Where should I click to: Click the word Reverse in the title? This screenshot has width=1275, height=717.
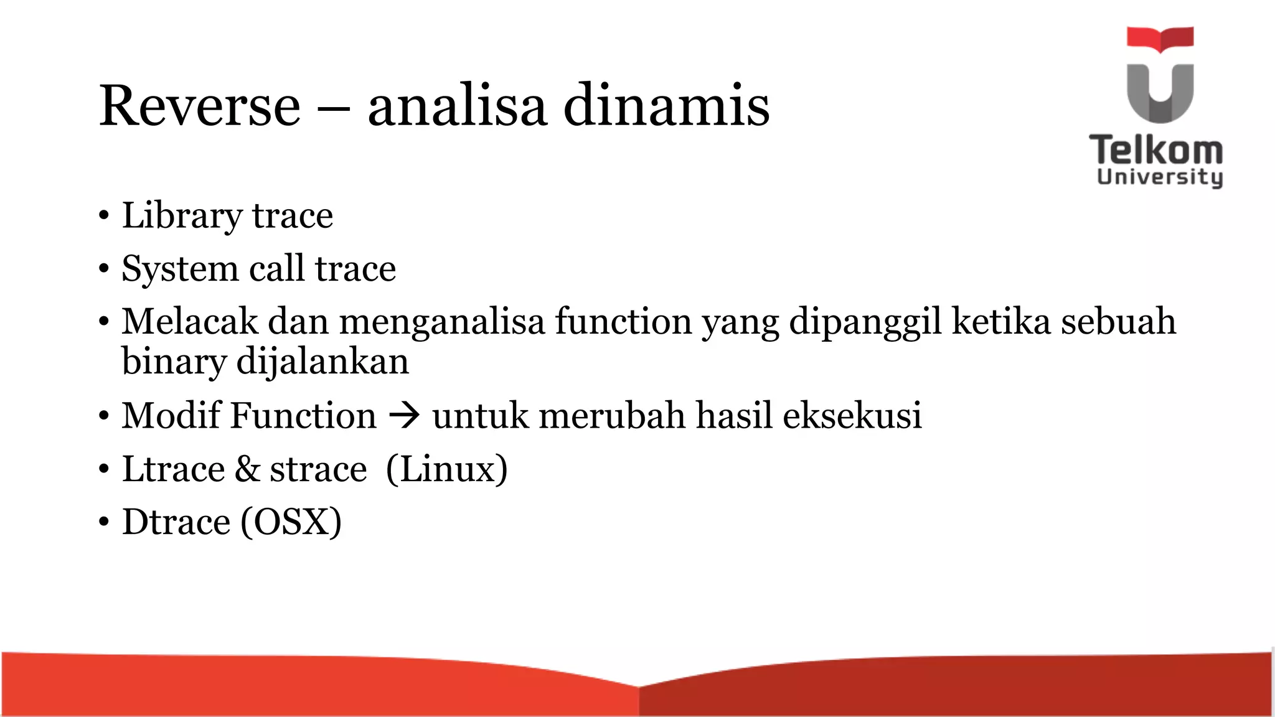199,106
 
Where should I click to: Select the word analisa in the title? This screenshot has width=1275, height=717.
457,106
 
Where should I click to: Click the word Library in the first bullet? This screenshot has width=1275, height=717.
181,216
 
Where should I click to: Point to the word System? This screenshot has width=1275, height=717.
180,269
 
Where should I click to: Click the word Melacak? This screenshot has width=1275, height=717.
189,322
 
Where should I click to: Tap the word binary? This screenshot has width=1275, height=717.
174,362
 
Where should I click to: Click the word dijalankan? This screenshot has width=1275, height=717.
322,362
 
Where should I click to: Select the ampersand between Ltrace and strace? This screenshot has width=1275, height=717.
247,469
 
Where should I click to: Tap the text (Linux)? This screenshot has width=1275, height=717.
446,469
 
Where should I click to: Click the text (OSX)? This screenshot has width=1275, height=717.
291,522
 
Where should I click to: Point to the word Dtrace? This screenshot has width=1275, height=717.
176,522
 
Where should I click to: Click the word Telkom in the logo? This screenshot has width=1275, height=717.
1156,151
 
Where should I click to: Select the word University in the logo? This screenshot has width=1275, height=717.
1159,177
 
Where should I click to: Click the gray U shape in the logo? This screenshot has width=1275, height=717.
1160,93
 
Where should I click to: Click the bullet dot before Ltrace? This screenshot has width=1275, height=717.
103,470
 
